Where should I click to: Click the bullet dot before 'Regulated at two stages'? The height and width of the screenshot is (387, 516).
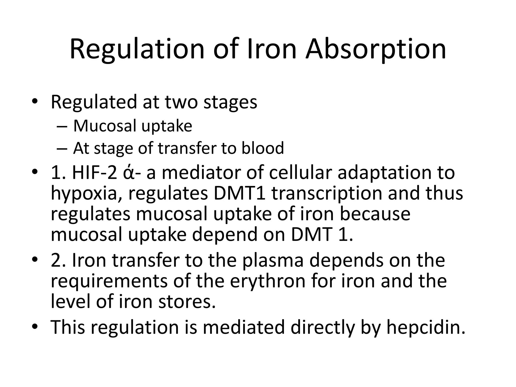35,102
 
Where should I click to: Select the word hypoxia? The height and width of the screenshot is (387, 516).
85,194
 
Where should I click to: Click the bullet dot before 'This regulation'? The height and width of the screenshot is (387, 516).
35,327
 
